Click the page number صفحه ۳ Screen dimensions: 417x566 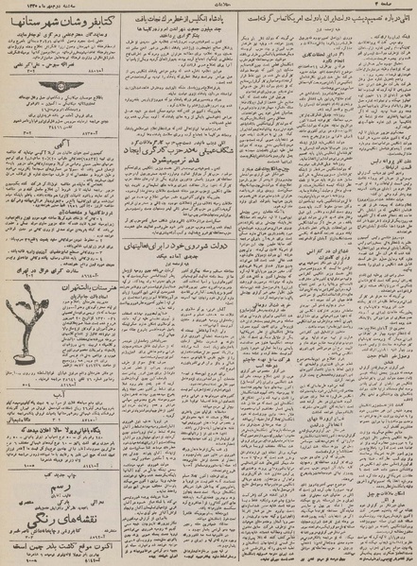(x=396, y=9)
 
